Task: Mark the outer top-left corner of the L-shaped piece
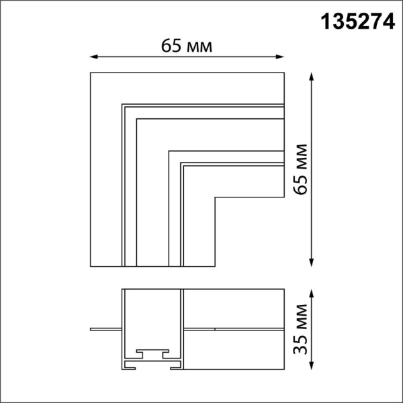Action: click(x=91, y=72)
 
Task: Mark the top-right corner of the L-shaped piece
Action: click(x=283, y=72)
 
